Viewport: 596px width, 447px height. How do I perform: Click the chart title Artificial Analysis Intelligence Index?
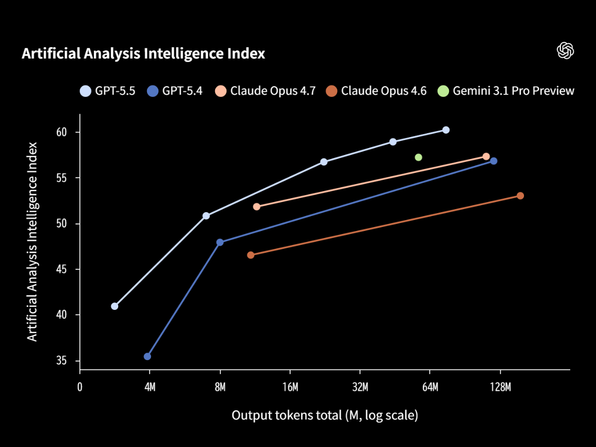pyautogui.click(x=143, y=54)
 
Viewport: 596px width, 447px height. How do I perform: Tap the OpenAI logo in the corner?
pyautogui.click(x=565, y=51)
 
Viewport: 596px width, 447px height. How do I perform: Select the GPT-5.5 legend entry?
pyautogui.click(x=108, y=91)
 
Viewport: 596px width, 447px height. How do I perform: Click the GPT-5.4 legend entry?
pyautogui.click(x=175, y=91)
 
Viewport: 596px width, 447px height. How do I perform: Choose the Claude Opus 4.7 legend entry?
pyautogui.click(x=265, y=91)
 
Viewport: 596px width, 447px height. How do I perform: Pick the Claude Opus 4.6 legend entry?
pyautogui.click(x=376, y=91)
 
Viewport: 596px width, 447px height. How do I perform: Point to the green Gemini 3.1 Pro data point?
pyautogui.click(x=418, y=157)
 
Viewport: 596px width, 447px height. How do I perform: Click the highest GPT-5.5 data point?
pyautogui.click(x=446, y=130)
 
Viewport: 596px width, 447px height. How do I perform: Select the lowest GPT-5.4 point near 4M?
pyautogui.click(x=148, y=357)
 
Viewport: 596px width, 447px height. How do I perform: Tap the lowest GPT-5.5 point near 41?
pyautogui.click(x=115, y=306)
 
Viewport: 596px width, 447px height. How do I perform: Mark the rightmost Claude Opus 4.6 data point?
pyautogui.click(x=520, y=196)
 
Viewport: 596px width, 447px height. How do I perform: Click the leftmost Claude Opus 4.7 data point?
pyautogui.click(x=257, y=207)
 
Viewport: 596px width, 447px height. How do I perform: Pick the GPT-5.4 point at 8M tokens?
pyautogui.click(x=220, y=242)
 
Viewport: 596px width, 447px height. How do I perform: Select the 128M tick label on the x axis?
pyautogui.click(x=500, y=387)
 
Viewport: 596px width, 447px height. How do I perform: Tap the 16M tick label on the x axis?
pyautogui.click(x=290, y=387)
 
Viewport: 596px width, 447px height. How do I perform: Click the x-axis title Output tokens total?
pyautogui.click(x=325, y=415)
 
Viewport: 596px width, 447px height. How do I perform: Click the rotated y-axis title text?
pyautogui.click(x=32, y=241)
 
